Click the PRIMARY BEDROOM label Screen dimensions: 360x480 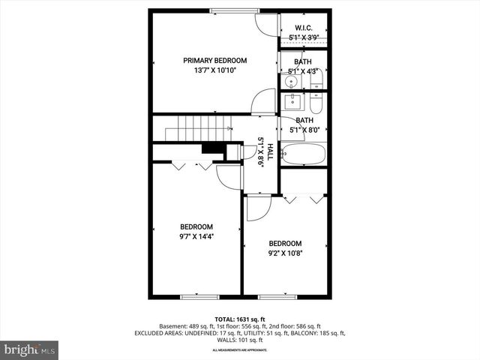(x=215, y=60)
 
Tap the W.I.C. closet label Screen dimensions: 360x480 (x=304, y=28)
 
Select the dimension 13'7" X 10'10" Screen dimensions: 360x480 (x=215, y=70)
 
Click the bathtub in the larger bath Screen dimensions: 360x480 (x=304, y=155)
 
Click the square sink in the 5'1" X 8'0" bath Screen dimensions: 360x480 (x=292, y=101)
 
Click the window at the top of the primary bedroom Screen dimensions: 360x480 (x=234, y=10)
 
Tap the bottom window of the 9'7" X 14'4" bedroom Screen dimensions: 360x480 (x=199, y=296)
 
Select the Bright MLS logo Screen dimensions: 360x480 (x=30, y=349)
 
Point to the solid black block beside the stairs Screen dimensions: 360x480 (x=213, y=148)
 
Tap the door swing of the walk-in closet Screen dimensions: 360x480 (x=265, y=25)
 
